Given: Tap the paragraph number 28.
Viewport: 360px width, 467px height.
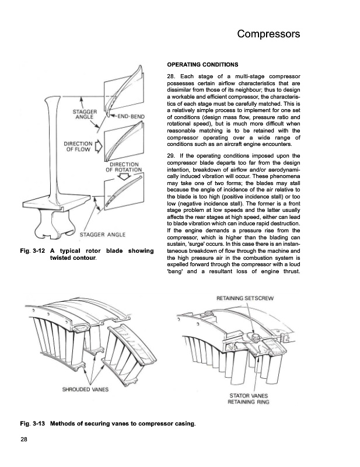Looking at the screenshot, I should pyautogui.click(x=171, y=77).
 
